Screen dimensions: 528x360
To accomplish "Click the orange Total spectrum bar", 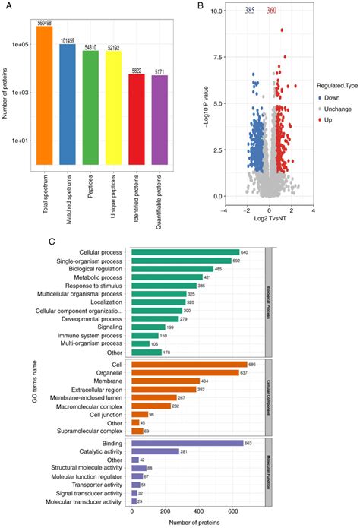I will click(x=44, y=95).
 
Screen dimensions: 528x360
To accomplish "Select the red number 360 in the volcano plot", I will click(x=272, y=11).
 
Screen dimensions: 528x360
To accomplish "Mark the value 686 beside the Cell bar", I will click(x=264, y=365).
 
